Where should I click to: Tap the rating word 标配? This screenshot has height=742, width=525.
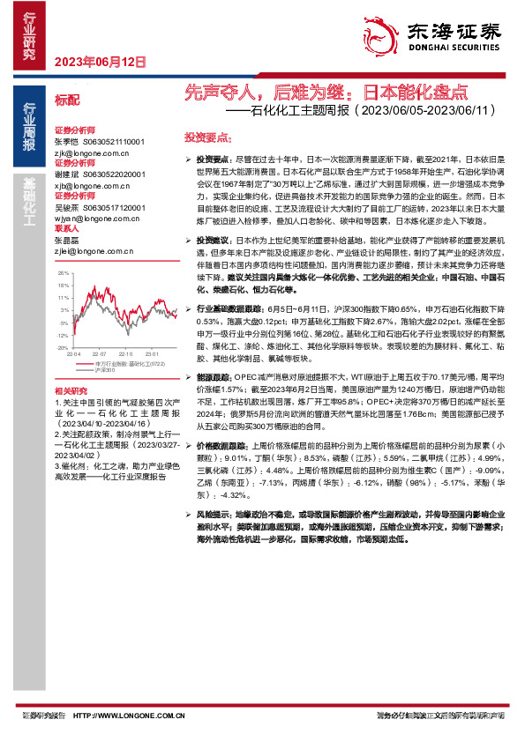[x=67, y=100]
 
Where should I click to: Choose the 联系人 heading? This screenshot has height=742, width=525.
[x=67, y=227]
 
